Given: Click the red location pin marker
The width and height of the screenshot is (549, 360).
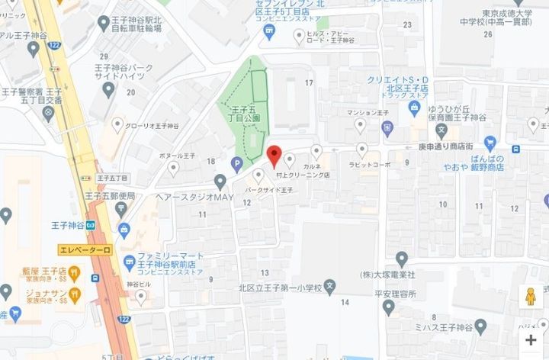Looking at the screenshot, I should pos(275,156).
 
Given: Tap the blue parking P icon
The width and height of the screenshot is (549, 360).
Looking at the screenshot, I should pos(237,162).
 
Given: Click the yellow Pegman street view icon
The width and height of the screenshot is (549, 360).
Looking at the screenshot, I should pos(531,296).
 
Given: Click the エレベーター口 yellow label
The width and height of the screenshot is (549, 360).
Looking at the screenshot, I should pos(85,249).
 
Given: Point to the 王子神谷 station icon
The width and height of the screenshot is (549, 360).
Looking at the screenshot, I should pos(90,226).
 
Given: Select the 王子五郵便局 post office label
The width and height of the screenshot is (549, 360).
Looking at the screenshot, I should pos(111,196).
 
